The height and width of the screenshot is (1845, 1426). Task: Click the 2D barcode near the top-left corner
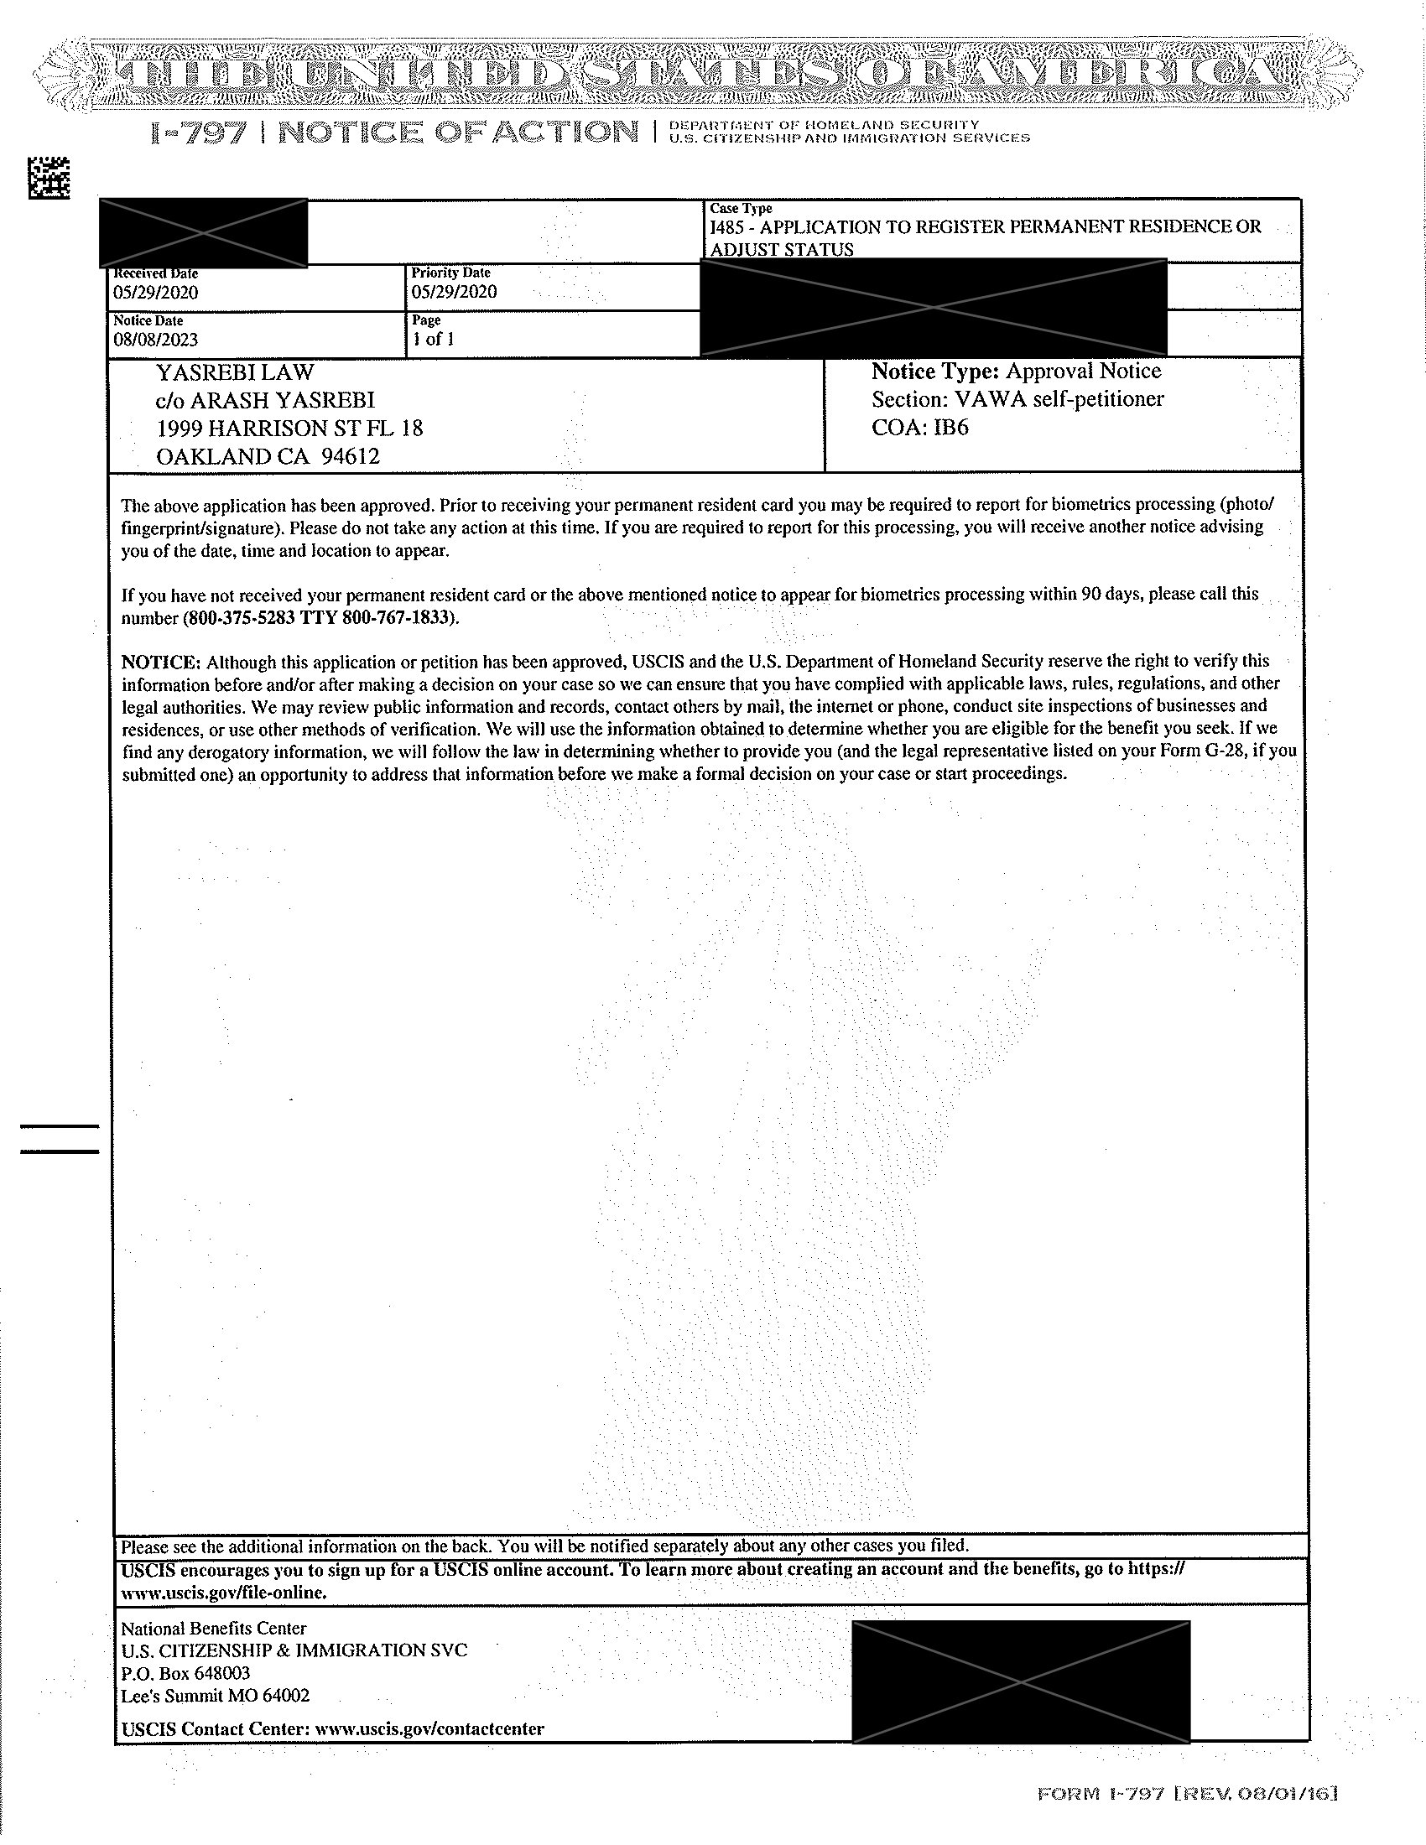click(49, 179)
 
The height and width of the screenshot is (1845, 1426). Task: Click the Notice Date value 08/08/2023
click(155, 340)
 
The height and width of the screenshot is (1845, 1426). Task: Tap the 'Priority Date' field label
click(450, 273)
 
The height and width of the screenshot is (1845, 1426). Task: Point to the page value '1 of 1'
click(434, 340)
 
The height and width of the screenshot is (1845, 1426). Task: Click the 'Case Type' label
click(740, 209)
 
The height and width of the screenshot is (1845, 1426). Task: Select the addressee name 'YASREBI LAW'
click(235, 372)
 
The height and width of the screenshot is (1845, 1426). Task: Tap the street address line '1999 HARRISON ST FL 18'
click(289, 429)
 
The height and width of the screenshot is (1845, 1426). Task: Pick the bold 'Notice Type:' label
click(935, 372)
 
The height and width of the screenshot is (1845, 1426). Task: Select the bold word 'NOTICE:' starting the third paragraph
click(161, 662)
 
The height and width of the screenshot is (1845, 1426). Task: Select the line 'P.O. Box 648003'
click(186, 1673)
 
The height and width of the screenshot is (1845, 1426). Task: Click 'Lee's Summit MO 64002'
click(216, 1696)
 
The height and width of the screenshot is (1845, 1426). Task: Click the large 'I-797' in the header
click(199, 133)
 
